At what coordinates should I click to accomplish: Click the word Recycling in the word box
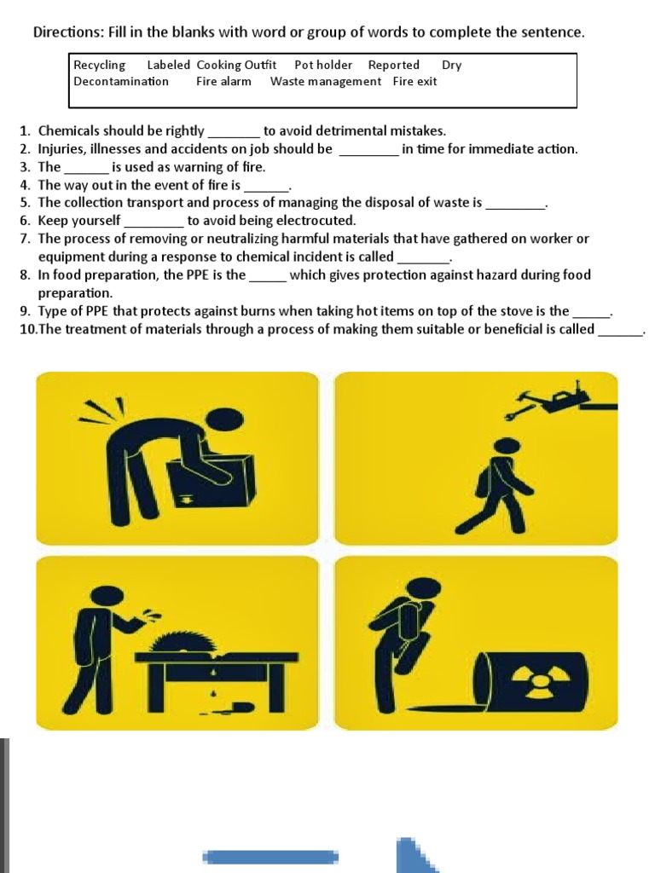coord(100,66)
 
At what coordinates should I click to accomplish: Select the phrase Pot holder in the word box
coord(323,65)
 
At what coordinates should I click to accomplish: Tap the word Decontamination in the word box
coord(121,81)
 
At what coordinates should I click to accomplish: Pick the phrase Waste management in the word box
coord(326,82)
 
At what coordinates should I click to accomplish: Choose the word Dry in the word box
coord(452,66)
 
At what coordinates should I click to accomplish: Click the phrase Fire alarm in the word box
coord(224,81)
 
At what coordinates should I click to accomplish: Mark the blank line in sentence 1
coord(234,137)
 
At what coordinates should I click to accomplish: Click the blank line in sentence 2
coord(369,155)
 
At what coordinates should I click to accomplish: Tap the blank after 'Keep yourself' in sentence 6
coord(154,227)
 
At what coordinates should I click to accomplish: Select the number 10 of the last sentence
coord(28,330)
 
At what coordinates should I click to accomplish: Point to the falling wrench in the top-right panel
coord(516,413)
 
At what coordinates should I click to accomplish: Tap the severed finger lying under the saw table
coord(241,708)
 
